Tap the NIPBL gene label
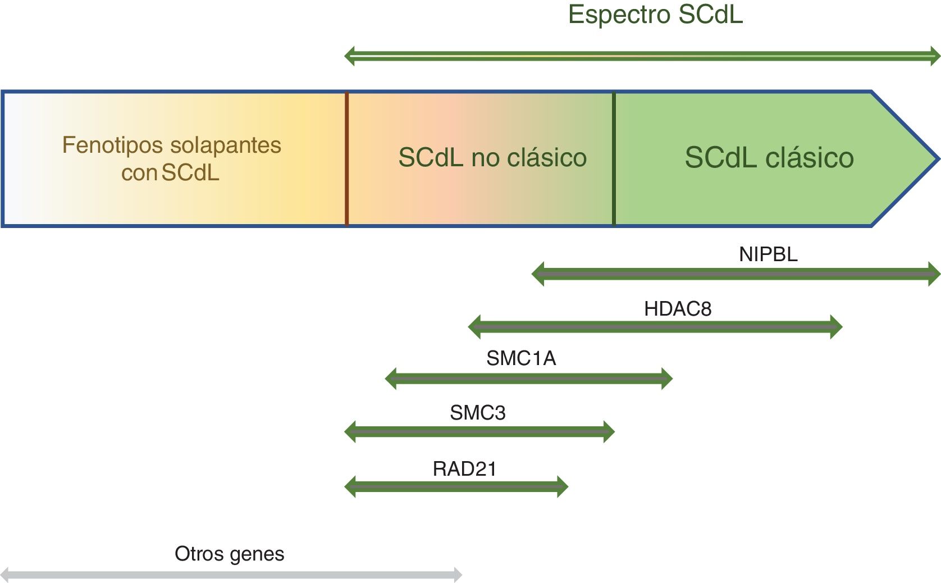768,254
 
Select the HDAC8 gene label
677,309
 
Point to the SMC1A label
520,358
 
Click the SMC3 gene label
477,413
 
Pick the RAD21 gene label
464,469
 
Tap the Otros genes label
229,554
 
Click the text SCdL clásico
769,158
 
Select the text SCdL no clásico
492,158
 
